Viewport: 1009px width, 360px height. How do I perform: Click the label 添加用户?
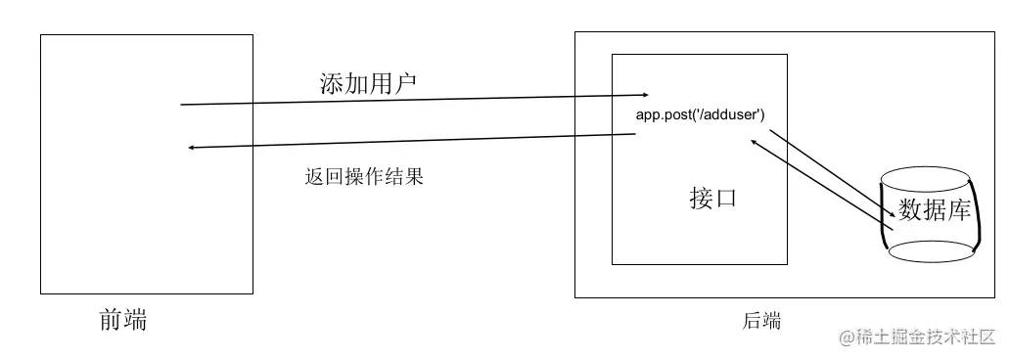tap(368, 83)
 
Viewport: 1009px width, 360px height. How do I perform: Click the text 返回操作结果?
tap(364, 177)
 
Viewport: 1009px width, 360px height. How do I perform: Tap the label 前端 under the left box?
tap(123, 320)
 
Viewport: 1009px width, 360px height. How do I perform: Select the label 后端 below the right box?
tap(762, 320)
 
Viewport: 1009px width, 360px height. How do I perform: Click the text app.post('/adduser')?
tap(700, 115)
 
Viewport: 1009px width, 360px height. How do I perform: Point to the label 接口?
tap(712, 199)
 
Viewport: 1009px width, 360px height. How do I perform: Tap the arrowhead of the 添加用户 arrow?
tap(644, 95)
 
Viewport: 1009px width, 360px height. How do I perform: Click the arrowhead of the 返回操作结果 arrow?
tap(193, 148)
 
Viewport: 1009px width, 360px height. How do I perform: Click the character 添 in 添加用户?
tap(332, 83)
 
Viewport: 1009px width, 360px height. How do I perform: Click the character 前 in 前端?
tap(112, 320)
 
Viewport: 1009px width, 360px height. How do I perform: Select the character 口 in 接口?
tap(725, 199)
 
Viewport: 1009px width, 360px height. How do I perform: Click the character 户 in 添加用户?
tap(405, 83)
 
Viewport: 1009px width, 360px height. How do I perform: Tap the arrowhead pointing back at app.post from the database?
tap(753, 142)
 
